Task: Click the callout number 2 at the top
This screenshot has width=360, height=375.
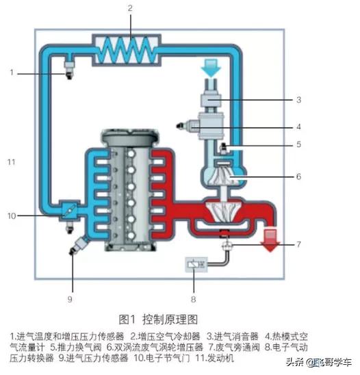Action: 129,9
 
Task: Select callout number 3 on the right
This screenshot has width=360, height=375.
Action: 298,100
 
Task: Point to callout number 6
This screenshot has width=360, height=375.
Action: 298,177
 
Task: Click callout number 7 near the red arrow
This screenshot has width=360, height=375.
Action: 298,245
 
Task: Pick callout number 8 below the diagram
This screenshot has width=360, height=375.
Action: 194,299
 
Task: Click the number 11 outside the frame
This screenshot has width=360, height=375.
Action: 11,161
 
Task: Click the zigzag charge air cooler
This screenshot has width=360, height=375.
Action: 130,49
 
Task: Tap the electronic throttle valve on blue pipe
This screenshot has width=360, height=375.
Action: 68,211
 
